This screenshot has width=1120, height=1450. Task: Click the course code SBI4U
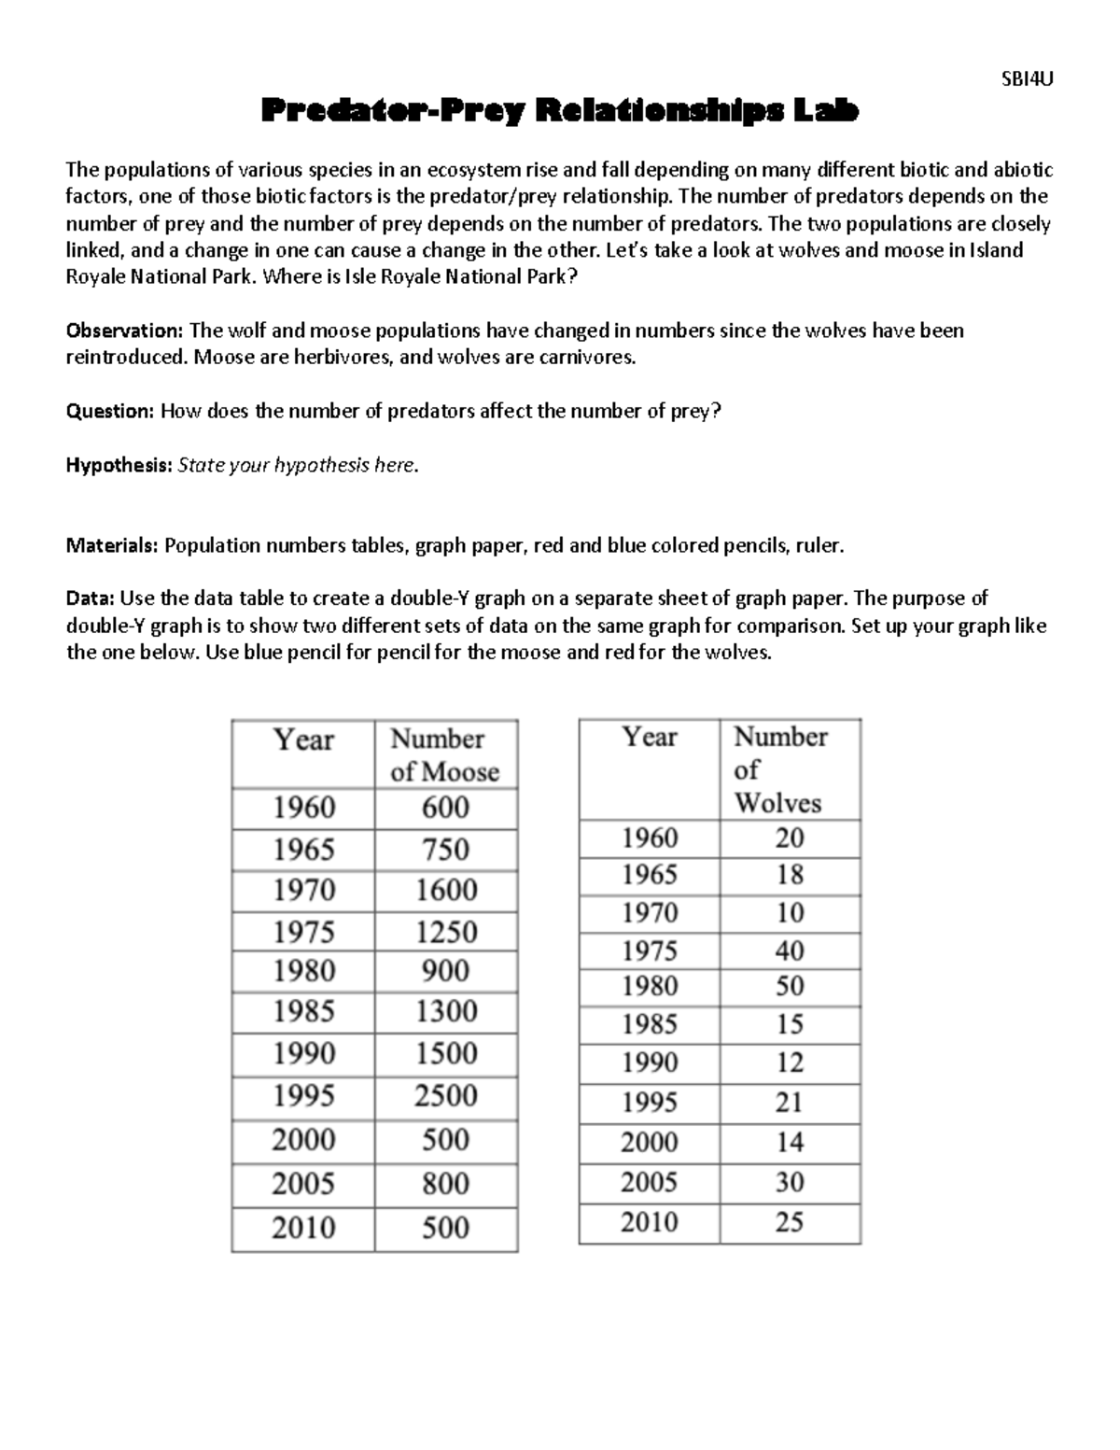point(1026,79)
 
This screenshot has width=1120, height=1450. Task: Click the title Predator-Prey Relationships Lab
point(559,111)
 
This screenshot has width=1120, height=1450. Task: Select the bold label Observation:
point(124,331)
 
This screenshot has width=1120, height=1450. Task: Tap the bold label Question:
point(109,412)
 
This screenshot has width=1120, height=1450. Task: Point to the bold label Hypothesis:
point(119,465)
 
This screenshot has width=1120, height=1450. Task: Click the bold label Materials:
point(112,546)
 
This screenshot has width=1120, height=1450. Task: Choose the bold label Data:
point(91,598)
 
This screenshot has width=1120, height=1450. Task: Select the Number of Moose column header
point(444,754)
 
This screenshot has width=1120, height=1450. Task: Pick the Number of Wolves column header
point(779,769)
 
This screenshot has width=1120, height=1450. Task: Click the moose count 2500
point(445,1095)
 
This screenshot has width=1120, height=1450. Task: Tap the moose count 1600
point(445,890)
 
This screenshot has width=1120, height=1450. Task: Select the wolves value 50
point(789,987)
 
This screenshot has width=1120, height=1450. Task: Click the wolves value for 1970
point(789,912)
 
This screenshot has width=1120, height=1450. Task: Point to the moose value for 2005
point(445,1184)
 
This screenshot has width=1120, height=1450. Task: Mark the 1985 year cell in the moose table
point(303,1011)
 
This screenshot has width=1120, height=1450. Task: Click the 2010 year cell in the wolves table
point(649,1222)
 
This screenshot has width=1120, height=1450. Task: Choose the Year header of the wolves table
point(650,738)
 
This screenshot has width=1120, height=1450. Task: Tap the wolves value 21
point(789,1103)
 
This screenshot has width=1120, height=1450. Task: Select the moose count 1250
point(445,932)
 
